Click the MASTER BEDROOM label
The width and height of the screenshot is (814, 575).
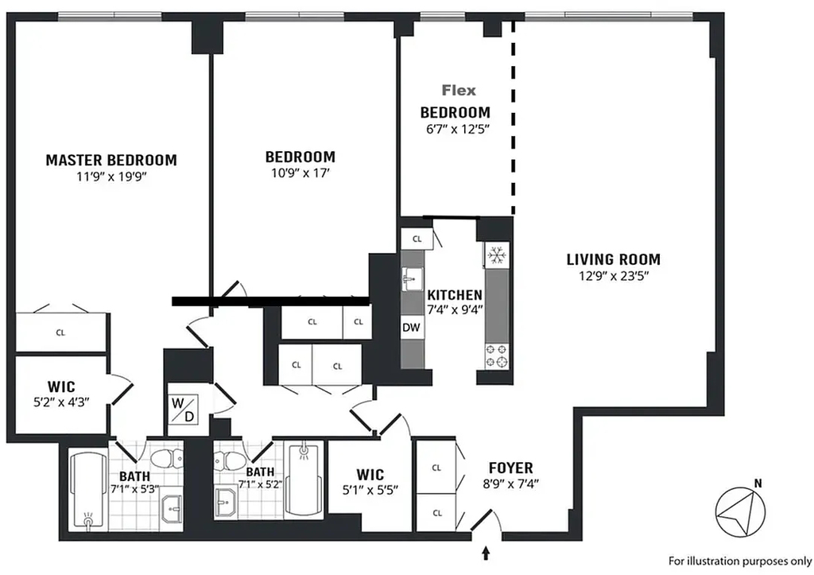click(x=111, y=160)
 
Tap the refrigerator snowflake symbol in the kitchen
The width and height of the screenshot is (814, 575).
click(x=497, y=255)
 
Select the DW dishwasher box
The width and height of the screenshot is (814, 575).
click(x=411, y=328)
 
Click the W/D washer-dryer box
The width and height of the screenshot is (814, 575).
click(x=183, y=410)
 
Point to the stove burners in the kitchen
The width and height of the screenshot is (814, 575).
click(x=497, y=355)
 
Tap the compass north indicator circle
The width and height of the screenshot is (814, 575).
click(x=740, y=511)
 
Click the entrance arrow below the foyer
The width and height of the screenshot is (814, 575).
click(x=486, y=554)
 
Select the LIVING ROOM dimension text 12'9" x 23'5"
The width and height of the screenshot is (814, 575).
click(x=614, y=276)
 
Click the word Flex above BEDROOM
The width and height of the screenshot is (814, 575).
click(x=459, y=91)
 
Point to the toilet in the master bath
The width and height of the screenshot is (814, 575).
click(x=166, y=458)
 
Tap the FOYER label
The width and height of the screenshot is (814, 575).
click(x=511, y=468)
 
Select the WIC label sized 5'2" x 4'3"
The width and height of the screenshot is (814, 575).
click(x=61, y=387)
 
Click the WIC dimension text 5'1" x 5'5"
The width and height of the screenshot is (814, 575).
click(x=370, y=490)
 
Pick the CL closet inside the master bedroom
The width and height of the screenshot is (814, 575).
click(x=60, y=332)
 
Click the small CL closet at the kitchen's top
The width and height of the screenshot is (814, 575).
click(x=417, y=239)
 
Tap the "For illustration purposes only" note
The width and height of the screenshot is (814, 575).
click(x=740, y=561)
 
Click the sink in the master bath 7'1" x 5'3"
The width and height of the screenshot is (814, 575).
click(x=172, y=508)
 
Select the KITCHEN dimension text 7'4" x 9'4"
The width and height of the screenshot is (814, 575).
click(x=455, y=309)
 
